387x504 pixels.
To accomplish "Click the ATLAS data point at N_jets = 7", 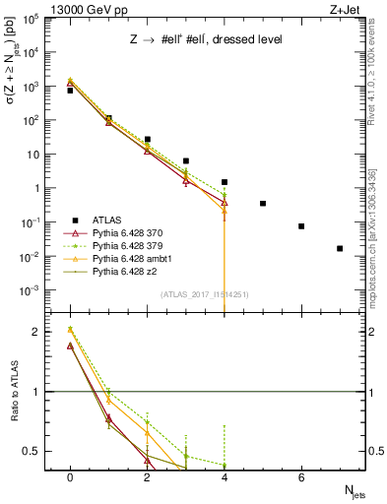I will click(340, 248).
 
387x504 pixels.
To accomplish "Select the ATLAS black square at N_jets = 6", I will click(301, 226).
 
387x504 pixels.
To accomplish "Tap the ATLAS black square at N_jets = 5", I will click(263, 204).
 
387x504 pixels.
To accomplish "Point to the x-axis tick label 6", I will click(301, 477).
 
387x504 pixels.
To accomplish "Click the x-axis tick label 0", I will click(70, 477).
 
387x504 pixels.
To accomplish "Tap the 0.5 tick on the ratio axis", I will click(39, 451).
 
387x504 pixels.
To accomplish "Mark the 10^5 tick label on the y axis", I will click(34, 19).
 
